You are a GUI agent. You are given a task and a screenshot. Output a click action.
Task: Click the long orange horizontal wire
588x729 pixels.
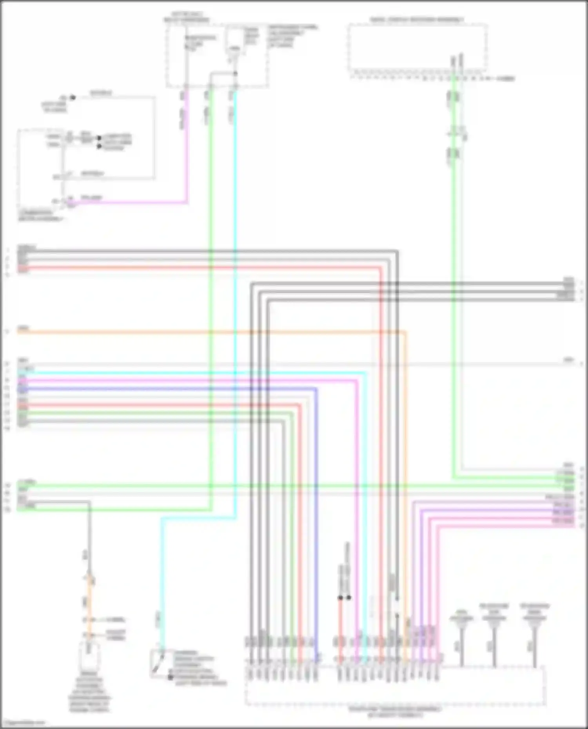196,333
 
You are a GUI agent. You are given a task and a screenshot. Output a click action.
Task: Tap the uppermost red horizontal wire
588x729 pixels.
196,268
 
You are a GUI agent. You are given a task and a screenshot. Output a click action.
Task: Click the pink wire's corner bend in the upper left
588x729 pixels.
186,202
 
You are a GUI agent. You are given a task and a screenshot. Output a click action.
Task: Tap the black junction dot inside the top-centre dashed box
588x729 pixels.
235,73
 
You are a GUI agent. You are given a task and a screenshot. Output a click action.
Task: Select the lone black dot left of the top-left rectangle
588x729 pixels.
73,98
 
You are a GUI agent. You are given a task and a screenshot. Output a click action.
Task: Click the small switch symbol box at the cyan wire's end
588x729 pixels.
161,663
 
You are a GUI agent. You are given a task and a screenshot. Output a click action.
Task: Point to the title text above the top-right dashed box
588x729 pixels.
417,20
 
